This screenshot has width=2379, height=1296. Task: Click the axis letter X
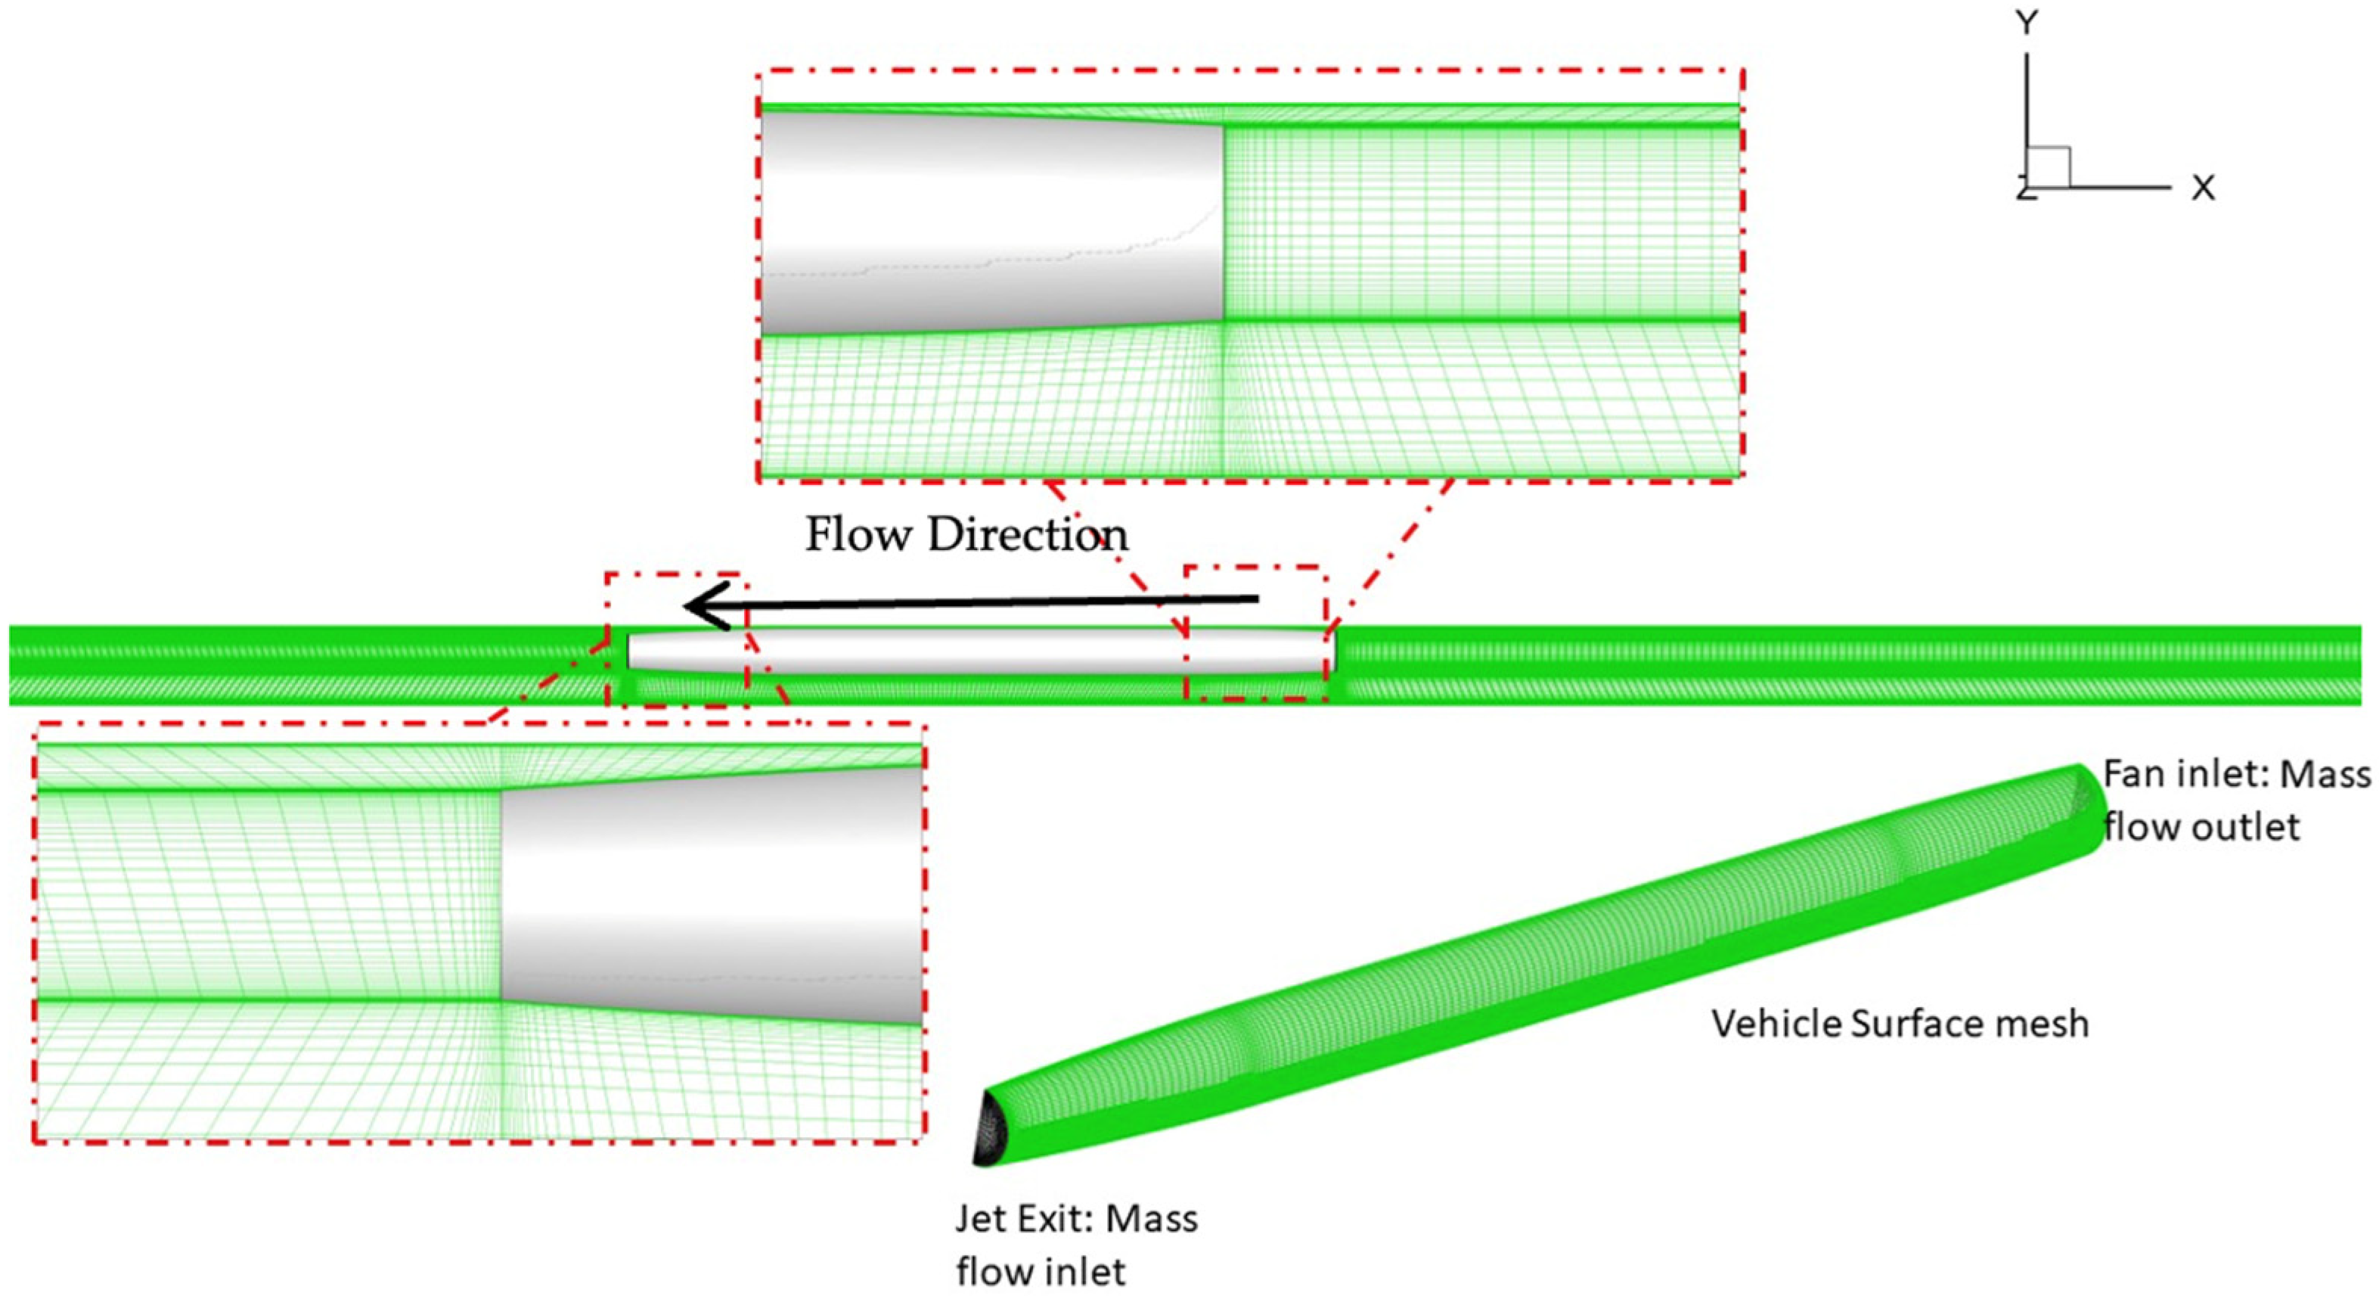2204,188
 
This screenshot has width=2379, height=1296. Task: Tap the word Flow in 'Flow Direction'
860,535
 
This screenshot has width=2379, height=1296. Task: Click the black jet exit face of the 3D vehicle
990,1129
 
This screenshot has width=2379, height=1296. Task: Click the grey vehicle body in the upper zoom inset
993,222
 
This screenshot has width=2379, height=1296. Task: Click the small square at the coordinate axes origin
2046,167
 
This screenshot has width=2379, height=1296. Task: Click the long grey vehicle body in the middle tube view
979,652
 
